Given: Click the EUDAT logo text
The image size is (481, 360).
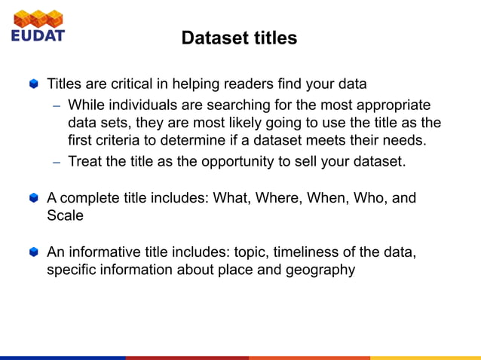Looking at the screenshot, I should coord(38,35).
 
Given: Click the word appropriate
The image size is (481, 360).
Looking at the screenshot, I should coord(389,105).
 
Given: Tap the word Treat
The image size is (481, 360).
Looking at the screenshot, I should coord(85,161).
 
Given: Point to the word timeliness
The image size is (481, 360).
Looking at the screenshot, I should coord(285,252).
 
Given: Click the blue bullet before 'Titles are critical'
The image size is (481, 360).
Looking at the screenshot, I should coord(33,84).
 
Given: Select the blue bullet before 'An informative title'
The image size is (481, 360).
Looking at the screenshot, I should coord(33,253).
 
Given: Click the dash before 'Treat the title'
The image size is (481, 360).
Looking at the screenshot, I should coord(57,162).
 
